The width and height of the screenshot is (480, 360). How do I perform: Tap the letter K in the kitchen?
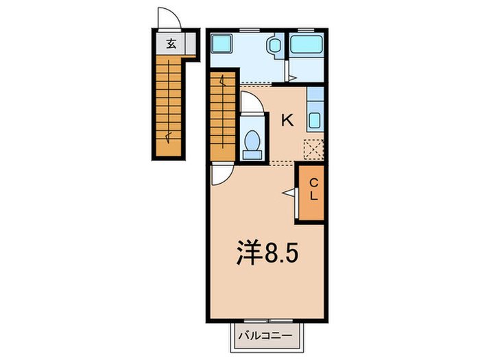tap(287, 121)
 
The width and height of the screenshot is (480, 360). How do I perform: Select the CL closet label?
tap(313, 189)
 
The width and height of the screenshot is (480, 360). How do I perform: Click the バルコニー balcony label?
tap(265, 337)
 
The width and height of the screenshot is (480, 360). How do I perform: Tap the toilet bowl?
tap(252, 141)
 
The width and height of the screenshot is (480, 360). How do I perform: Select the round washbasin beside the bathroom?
tap(274, 47)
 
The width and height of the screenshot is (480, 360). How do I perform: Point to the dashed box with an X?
tap(314, 149)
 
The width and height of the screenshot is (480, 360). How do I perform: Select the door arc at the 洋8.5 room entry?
tap(220, 176)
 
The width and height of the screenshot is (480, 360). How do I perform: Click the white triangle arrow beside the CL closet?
tap(289, 194)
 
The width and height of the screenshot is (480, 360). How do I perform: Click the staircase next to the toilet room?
tap(224, 117)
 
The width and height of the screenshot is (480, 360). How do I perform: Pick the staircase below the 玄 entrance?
tap(168, 103)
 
